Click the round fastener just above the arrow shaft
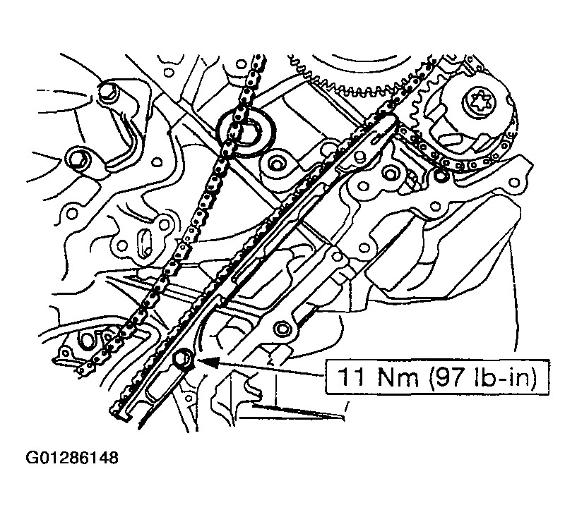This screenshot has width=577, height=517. pyautogui.click(x=283, y=327)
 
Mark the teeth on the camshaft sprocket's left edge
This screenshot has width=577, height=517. pyautogui.click(x=417, y=113)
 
